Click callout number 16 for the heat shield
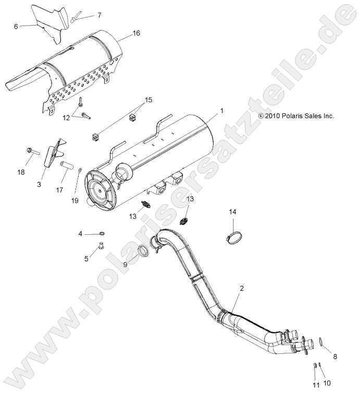[136, 33]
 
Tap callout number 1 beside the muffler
[221, 111]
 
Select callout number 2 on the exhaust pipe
[241, 288]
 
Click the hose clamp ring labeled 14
[233, 238]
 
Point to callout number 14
[233, 212]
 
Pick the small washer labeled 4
[101, 234]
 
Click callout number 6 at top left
[16, 26]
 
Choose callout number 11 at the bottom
[315, 385]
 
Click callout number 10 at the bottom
[327, 384]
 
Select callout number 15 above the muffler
[148, 99]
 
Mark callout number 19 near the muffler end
[75, 200]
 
